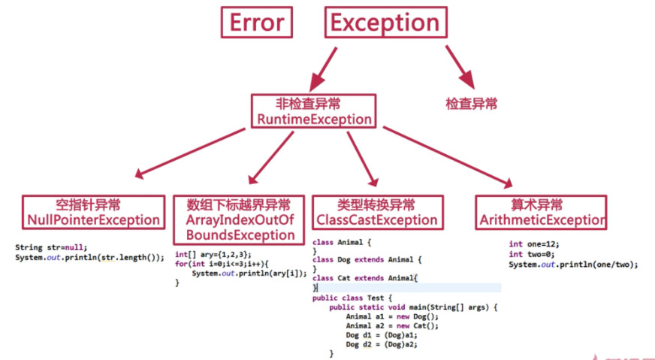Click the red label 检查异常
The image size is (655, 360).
[472, 104]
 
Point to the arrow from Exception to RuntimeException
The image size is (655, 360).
[323, 69]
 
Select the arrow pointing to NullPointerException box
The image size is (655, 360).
[189, 153]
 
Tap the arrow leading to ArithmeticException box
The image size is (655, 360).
[448, 157]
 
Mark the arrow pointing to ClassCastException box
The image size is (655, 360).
[363, 159]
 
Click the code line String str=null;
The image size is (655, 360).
[51, 247]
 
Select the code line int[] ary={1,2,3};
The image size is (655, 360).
[213, 255]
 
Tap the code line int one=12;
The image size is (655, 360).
[534, 244]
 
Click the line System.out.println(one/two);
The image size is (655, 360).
[574, 265]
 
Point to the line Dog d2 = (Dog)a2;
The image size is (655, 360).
[382, 344]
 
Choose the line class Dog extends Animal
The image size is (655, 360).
[367, 260]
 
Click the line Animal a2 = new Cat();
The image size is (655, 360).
[392, 326]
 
